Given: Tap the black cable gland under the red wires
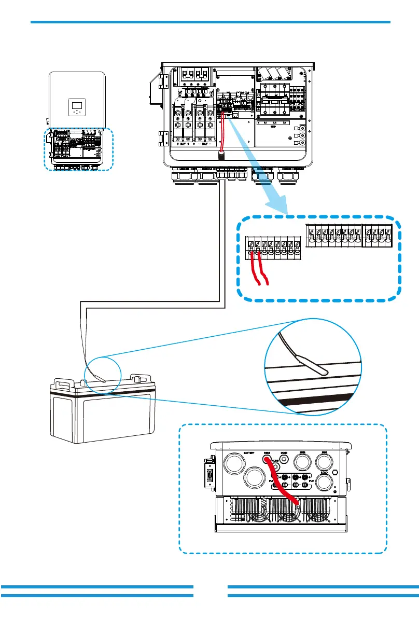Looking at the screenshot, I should click(222, 155).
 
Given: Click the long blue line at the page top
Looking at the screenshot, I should click(210, 22).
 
